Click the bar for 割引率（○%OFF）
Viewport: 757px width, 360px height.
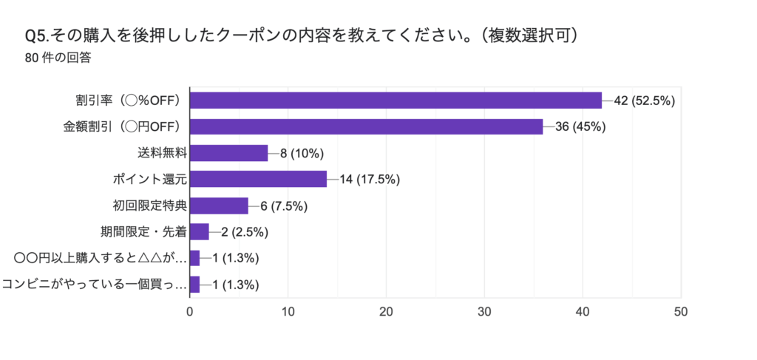pyautogui.click(x=396, y=101)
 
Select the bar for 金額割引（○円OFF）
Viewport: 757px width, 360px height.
pyautogui.click(x=366, y=126)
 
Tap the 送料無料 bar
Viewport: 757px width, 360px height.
pyautogui.click(x=228, y=153)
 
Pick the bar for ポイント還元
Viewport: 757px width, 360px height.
pyautogui.click(x=258, y=179)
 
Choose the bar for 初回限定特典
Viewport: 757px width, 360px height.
pyautogui.click(x=219, y=206)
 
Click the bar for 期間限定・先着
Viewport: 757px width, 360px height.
pyautogui.click(x=200, y=232)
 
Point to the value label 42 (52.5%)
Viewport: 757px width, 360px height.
pyautogui.click(x=645, y=101)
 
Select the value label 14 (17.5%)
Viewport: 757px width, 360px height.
pyautogui.click(x=370, y=179)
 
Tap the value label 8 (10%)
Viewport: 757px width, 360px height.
pyautogui.click(x=302, y=153)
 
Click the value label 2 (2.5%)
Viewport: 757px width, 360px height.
pyautogui.click(x=244, y=232)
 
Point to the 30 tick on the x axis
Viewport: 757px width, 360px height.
pyautogui.click(x=484, y=312)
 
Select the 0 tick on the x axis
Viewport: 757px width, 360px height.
pyautogui.click(x=190, y=312)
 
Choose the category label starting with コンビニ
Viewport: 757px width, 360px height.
pyautogui.click(x=94, y=285)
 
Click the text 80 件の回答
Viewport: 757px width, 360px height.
pyautogui.click(x=58, y=58)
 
